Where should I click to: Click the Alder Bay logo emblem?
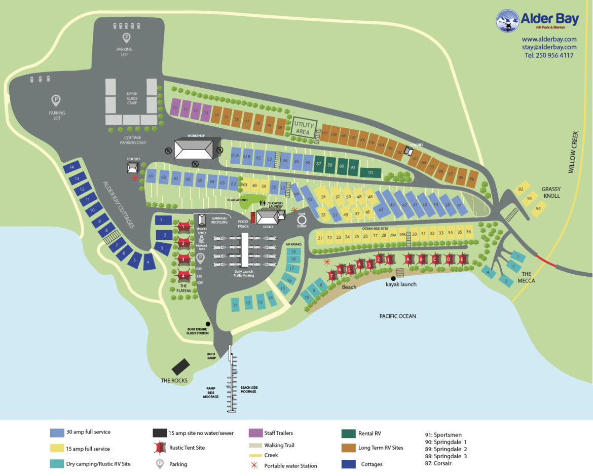(x=507, y=21)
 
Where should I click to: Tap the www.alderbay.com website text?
(x=549, y=39)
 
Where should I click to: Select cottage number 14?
(x=71, y=167)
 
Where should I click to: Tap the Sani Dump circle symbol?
(x=302, y=220)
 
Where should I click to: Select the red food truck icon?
(x=253, y=218)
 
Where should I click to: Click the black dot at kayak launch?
(x=393, y=279)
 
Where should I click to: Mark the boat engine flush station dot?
(x=207, y=324)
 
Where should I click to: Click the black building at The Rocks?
(x=181, y=366)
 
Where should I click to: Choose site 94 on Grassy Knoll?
(x=538, y=208)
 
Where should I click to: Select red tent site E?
(x=462, y=260)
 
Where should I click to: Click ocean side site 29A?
(x=393, y=235)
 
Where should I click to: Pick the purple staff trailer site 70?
(x=174, y=108)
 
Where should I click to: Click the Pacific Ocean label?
(x=397, y=316)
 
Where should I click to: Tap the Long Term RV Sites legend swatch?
(x=349, y=448)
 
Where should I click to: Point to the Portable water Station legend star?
(x=256, y=465)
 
